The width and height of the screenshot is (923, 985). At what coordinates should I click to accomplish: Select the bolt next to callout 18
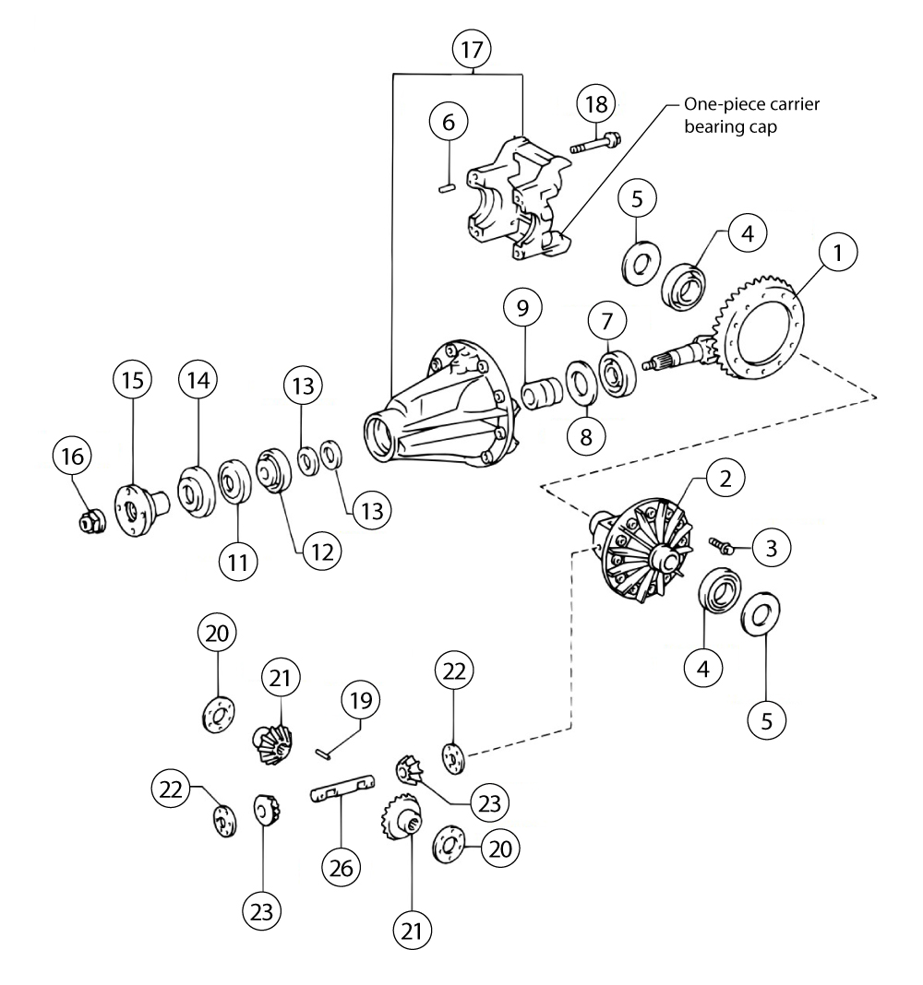pyautogui.click(x=593, y=144)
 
